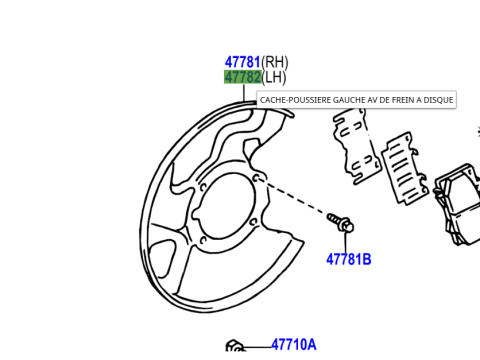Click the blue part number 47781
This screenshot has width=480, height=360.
tap(242, 62)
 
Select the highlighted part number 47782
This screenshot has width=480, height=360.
tap(242, 77)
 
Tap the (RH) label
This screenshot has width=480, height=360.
tap(275, 62)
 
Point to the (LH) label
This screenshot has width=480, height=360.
tap(274, 78)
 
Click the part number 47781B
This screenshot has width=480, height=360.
tap(349, 259)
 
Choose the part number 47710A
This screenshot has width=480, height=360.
tap(294, 345)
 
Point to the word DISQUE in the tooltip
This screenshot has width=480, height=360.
tap(438, 100)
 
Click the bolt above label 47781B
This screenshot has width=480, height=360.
tap(340, 223)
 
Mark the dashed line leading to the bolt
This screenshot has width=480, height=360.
tap(292, 196)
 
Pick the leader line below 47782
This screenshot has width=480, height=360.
tap(244, 93)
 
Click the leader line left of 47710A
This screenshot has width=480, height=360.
tap(258, 347)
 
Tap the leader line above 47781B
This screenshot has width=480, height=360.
tap(346, 242)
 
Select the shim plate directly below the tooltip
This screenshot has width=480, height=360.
tap(357, 146)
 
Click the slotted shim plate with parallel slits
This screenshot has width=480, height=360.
tap(405, 168)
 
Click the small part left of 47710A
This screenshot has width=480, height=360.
tap(235, 346)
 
